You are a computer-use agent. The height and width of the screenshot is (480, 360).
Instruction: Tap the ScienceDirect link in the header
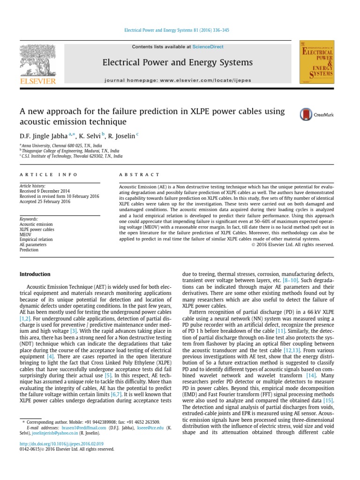[x=208, y=47]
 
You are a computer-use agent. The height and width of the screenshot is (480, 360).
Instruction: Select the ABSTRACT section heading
[x=139, y=174]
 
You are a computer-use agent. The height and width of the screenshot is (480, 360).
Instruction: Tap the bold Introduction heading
[x=35, y=274]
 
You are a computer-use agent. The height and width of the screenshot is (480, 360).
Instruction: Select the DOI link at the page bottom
[x=61, y=443]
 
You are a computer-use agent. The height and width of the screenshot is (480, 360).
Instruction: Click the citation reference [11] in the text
[x=280, y=330]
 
